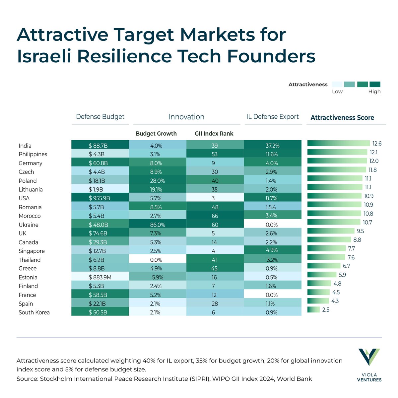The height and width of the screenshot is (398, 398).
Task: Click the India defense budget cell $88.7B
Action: (100, 146)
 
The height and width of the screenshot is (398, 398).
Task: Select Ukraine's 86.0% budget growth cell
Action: (157, 225)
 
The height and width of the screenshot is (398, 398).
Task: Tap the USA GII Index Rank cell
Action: (215, 198)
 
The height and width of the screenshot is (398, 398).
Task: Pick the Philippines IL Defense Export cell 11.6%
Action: (272, 154)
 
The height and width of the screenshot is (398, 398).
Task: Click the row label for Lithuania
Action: (31, 190)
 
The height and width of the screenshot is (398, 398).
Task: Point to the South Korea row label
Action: (34, 312)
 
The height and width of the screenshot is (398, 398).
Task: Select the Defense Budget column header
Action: (100, 117)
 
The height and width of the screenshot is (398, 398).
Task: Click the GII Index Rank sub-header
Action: (214, 134)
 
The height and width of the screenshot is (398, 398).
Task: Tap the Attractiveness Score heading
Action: (342, 118)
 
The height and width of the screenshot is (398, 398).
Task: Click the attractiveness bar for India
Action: (338, 144)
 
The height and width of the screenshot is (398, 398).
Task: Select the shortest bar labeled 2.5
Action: (313, 310)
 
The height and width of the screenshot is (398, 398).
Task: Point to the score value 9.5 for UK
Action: (360, 231)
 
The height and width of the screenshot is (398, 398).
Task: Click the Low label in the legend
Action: (337, 92)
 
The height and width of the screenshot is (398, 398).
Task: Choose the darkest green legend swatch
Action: (375, 84)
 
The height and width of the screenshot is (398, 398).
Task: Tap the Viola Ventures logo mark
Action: (369, 357)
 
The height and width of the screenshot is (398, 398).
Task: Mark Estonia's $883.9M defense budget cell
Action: (100, 277)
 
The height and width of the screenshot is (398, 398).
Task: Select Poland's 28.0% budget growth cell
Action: (157, 181)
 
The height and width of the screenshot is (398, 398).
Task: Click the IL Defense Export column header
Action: (272, 117)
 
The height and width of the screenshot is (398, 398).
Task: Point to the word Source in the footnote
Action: (27, 379)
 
